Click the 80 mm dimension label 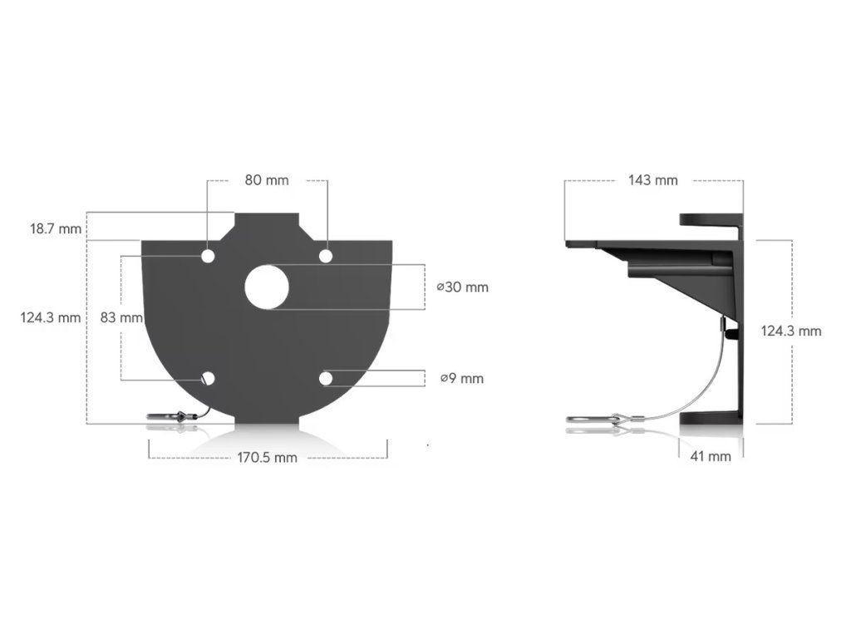coord(267,180)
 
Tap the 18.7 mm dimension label coord(56,229)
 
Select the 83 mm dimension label coord(121,317)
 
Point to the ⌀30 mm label coord(462,287)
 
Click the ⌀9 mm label coord(461,379)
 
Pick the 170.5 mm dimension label coord(267,458)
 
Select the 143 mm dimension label coord(653,180)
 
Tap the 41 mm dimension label coord(711,457)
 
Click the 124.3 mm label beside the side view coord(791,331)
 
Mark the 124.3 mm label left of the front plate coord(51,317)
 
